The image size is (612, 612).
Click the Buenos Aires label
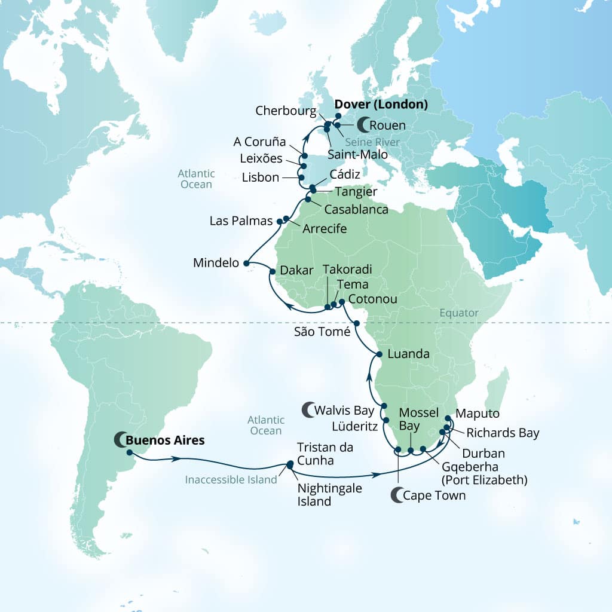[x=165, y=440]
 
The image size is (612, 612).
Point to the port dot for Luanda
[x=379, y=354]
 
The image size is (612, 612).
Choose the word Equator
[x=458, y=313]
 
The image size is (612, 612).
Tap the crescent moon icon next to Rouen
[x=362, y=126]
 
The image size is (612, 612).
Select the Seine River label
[x=369, y=142]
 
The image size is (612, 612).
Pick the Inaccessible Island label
[x=231, y=479]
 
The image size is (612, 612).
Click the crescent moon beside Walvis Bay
[x=307, y=410]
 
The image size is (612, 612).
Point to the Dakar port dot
[x=273, y=271]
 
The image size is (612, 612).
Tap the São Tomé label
[x=322, y=332]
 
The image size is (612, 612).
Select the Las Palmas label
[x=241, y=221]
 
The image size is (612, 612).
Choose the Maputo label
[x=477, y=413]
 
